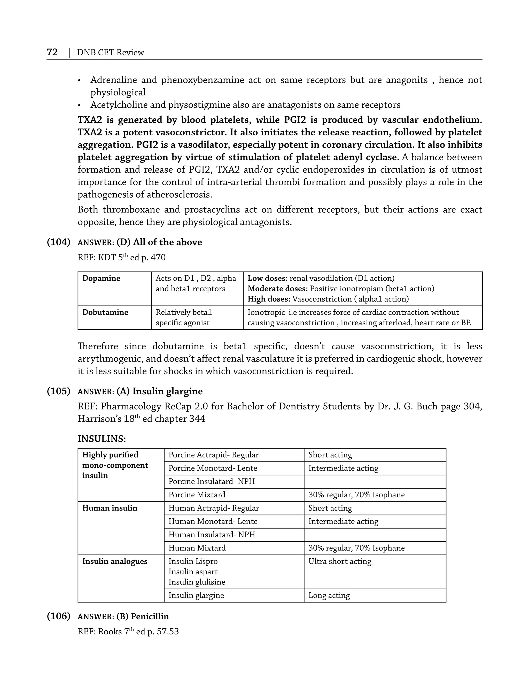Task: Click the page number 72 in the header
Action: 52,52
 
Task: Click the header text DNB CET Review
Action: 110,52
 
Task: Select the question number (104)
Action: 58,242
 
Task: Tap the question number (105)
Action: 58,391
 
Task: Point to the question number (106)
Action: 58,616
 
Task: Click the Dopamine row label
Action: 101,278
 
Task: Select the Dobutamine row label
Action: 105,312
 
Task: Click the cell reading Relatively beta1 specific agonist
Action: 184,318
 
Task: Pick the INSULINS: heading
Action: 102,439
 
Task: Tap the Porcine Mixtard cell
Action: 197,495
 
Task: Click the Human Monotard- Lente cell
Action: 213,521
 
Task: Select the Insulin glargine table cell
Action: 196,595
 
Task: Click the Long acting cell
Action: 329,595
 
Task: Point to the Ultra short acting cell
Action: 340,561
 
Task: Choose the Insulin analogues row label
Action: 115,561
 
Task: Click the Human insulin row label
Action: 110,508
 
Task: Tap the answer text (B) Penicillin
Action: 143,616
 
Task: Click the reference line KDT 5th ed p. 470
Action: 121,258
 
